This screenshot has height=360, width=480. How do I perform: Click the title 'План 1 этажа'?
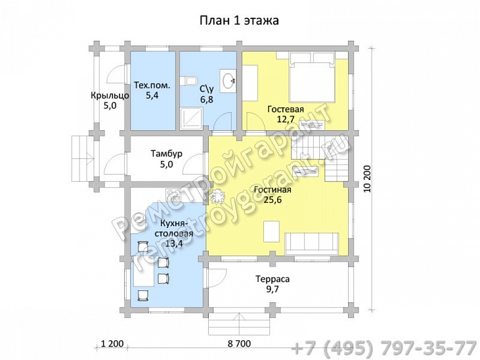(x=240, y=20)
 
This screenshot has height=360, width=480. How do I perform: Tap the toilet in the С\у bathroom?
(x=188, y=81)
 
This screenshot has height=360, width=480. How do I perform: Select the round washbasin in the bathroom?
(x=228, y=81)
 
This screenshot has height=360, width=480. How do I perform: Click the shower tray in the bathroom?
(x=191, y=118)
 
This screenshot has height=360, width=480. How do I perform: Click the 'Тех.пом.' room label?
(x=152, y=85)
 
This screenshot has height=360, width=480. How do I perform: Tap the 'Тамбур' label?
(x=167, y=153)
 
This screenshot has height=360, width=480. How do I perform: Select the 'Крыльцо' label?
(x=110, y=96)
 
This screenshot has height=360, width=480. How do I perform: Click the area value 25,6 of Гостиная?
(x=273, y=200)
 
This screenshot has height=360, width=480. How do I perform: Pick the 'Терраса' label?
(x=273, y=279)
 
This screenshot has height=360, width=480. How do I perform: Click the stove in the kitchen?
(x=173, y=195)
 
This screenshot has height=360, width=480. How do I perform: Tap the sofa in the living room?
(x=312, y=244)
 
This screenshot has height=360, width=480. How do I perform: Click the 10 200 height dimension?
(x=367, y=179)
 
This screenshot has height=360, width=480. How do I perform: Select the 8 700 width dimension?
(x=239, y=344)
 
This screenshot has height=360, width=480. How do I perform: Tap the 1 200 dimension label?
(x=112, y=344)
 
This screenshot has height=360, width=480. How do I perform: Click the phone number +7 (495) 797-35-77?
(x=383, y=348)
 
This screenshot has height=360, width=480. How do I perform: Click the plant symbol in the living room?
(x=218, y=196)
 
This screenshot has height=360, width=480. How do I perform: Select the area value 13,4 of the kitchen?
(x=174, y=244)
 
